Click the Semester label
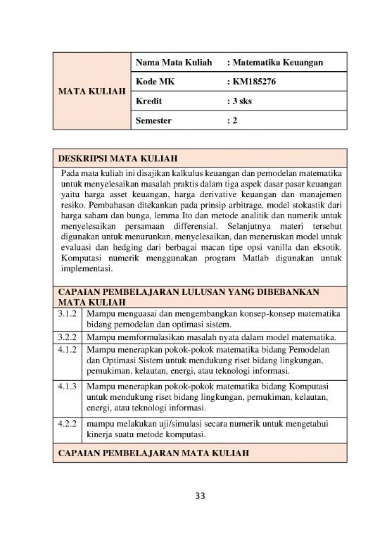[153, 121]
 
